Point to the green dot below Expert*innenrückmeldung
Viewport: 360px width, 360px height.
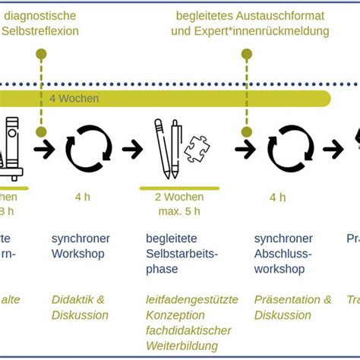coord(245,54)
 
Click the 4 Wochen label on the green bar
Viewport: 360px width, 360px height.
coord(73,98)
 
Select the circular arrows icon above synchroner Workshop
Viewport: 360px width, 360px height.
coord(87,148)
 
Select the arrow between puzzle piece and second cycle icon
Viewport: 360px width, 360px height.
coord(245,149)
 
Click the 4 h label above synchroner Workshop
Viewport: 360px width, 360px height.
coord(82,197)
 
